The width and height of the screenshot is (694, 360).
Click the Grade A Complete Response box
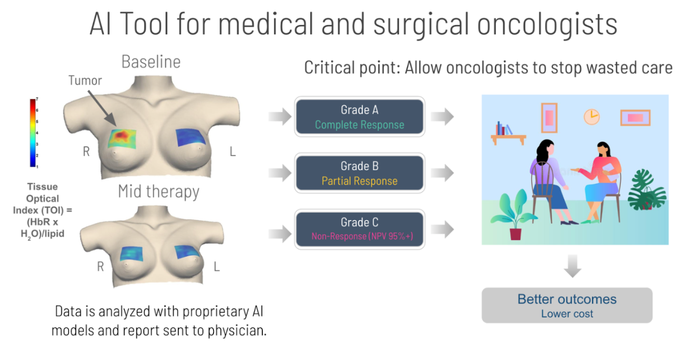pyautogui.click(x=359, y=117)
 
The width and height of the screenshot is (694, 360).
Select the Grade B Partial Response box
pyautogui.click(x=359, y=173)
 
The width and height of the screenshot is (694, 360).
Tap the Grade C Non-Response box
pyautogui.click(x=359, y=229)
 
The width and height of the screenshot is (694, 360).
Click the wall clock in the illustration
pyautogui.click(x=592, y=117)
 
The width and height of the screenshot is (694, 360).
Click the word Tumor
pyautogui.click(x=85, y=80)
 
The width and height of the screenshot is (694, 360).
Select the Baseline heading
pyautogui.click(x=151, y=62)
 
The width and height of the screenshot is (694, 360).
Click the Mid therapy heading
pyautogui.click(x=158, y=191)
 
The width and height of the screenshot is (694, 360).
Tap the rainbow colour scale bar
pyautogui.click(x=33, y=133)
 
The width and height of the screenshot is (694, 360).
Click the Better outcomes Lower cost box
pyautogui.click(x=567, y=305)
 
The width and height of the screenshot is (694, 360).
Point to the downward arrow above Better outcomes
pyautogui.click(x=572, y=266)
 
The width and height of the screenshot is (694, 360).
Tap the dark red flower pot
pyautogui.click(x=515, y=234)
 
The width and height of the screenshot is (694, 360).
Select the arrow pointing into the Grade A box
pyautogui.click(x=280, y=117)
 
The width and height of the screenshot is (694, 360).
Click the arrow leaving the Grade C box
pyautogui.click(x=442, y=229)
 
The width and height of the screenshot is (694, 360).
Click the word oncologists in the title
pyautogui.click(x=547, y=24)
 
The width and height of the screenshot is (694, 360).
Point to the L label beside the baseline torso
pyautogui.click(x=233, y=152)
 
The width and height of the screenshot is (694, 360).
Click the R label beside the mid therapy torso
pyautogui.click(x=100, y=266)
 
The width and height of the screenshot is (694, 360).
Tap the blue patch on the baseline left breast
pyautogui.click(x=190, y=137)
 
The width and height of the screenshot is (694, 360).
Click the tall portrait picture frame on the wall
pyautogui.click(x=549, y=118)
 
